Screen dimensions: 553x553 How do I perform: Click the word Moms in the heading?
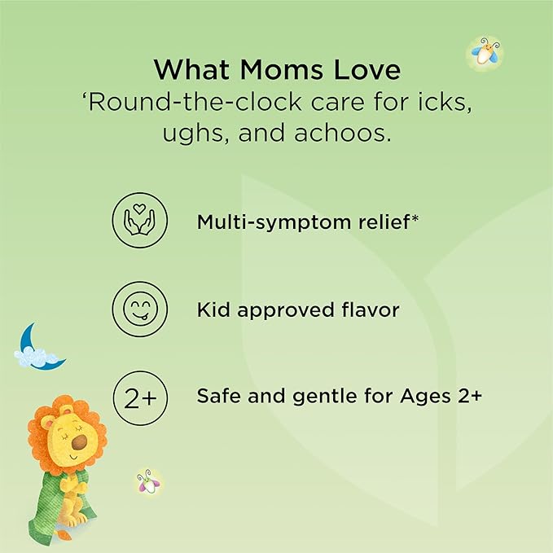(282, 69)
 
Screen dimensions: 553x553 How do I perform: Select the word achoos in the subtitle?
(343, 134)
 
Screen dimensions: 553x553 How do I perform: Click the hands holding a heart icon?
(140, 220)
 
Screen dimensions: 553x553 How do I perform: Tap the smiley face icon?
(140, 309)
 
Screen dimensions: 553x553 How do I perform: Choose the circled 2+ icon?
(140, 397)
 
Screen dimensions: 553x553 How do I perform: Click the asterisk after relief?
(415, 218)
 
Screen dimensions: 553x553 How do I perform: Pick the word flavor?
(371, 309)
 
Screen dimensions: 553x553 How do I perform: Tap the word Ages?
(425, 397)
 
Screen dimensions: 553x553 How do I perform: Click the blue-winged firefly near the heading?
(485, 52)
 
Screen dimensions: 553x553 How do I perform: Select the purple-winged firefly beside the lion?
(149, 482)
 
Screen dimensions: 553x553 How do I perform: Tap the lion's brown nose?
(79, 442)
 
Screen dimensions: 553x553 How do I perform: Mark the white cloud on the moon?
(35, 357)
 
